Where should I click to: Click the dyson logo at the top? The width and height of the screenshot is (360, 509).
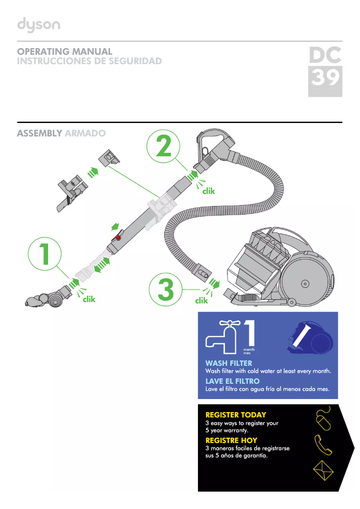click(39, 25)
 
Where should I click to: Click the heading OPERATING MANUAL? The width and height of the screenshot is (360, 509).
click(64, 52)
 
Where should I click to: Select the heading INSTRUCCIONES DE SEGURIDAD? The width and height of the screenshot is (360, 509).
click(89, 61)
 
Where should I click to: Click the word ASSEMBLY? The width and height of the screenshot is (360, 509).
click(39, 133)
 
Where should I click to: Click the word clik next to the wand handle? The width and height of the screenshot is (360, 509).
click(208, 191)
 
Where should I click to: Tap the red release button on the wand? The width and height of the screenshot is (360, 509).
click(118, 237)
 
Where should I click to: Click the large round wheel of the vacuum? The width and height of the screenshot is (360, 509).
click(305, 283)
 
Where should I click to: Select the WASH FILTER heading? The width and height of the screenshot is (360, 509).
click(228, 363)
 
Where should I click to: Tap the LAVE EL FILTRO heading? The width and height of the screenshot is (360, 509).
click(232, 381)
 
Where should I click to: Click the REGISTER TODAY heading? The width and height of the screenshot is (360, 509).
click(235, 415)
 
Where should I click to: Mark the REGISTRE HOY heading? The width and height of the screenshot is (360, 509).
click(231, 440)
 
